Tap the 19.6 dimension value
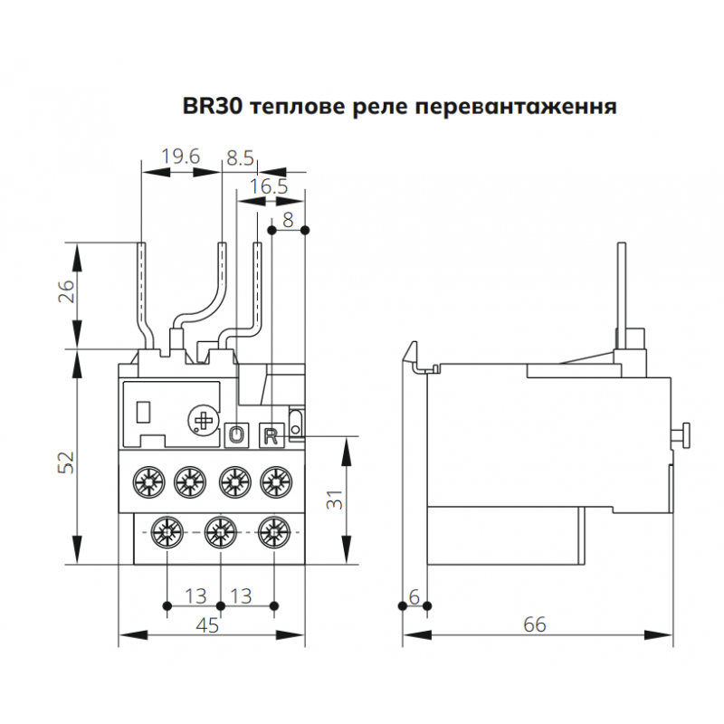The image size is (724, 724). coord(180,157)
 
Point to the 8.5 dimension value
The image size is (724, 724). coord(240,157)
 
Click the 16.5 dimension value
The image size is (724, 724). coord(269,186)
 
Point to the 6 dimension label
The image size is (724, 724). coord(414,595)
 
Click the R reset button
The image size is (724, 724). coord(270,435)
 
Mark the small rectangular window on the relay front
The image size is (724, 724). coord(143,412)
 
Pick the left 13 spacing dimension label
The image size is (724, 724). coord(194,595)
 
